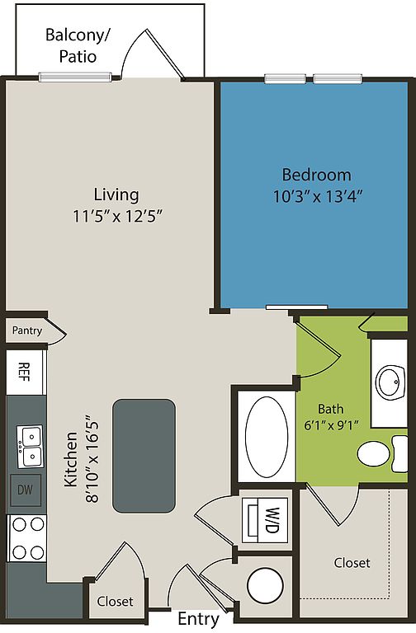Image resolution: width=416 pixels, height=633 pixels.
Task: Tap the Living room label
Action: (116, 195)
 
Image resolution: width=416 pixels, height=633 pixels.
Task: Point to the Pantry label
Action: (26, 331)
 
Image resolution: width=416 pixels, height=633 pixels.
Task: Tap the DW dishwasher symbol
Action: (25, 490)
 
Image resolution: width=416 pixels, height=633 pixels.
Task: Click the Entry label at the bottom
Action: (198, 619)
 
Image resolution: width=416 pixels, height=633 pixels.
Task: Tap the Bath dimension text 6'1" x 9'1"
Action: (330, 428)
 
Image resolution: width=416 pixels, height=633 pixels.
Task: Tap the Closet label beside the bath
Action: (352, 563)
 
